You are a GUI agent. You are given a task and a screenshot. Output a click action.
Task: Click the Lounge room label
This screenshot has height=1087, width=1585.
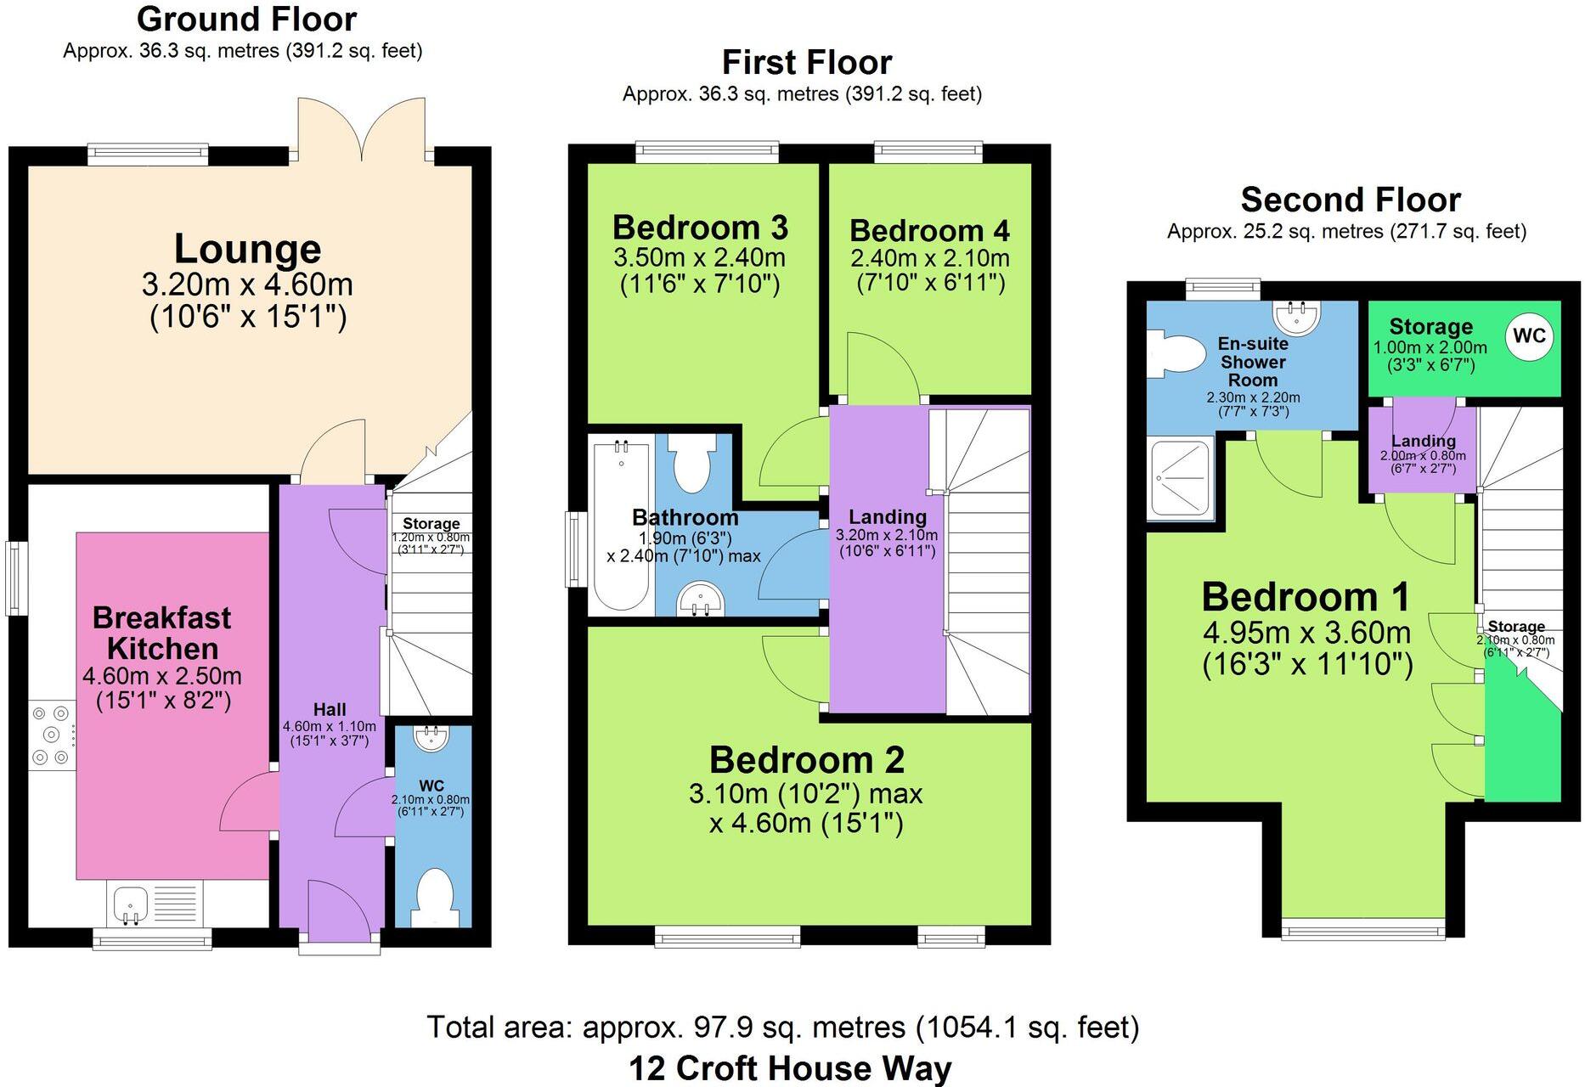point(247,250)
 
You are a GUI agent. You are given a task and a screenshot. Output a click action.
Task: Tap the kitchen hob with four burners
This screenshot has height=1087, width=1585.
point(51,735)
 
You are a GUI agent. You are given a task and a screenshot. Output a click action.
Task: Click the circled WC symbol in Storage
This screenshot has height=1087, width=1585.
point(1529,336)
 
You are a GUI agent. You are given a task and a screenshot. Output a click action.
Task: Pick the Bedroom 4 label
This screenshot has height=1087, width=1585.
point(929,231)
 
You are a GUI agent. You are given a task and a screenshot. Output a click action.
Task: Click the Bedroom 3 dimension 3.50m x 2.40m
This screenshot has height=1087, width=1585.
point(699,258)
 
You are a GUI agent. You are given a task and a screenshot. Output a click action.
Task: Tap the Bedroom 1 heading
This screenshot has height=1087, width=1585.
point(1306,597)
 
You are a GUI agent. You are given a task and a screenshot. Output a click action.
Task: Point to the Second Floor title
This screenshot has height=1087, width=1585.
point(1350,200)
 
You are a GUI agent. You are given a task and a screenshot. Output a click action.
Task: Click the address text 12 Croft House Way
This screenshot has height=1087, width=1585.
point(790,1068)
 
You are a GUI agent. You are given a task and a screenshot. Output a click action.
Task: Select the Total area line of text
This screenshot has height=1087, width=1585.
point(781,1028)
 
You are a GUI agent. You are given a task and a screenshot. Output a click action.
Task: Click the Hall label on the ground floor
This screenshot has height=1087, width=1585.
point(330,710)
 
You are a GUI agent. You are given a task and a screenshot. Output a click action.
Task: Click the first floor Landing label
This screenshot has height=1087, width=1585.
point(887,517)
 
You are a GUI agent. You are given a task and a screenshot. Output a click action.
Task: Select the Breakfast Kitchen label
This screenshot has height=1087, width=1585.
point(161,634)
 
